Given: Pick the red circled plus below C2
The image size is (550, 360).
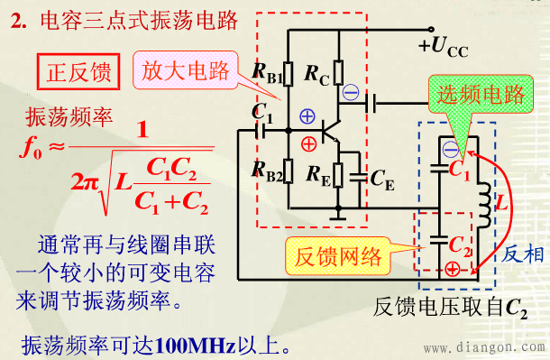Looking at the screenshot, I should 450,269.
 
